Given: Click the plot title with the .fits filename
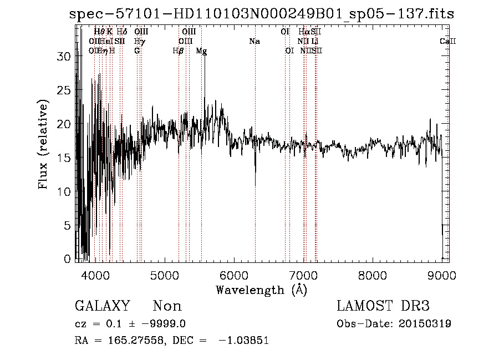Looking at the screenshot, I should point(262,14).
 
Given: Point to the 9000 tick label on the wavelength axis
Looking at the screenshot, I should point(442,275).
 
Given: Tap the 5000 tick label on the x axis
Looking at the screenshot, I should point(165,275).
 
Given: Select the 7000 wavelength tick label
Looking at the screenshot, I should point(303,275).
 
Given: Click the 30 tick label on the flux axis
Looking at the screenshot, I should point(65,57).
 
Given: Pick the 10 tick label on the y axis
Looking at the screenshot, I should point(65,192).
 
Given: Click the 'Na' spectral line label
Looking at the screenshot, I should point(254,42).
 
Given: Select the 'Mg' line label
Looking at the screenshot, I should point(201,50).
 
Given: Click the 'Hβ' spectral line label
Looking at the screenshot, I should point(178,50).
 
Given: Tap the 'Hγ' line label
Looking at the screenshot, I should point(140,42).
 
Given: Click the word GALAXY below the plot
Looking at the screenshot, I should point(102,306).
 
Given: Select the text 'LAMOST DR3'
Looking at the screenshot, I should point(383,306).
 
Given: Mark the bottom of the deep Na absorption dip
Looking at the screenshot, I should point(255,186).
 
